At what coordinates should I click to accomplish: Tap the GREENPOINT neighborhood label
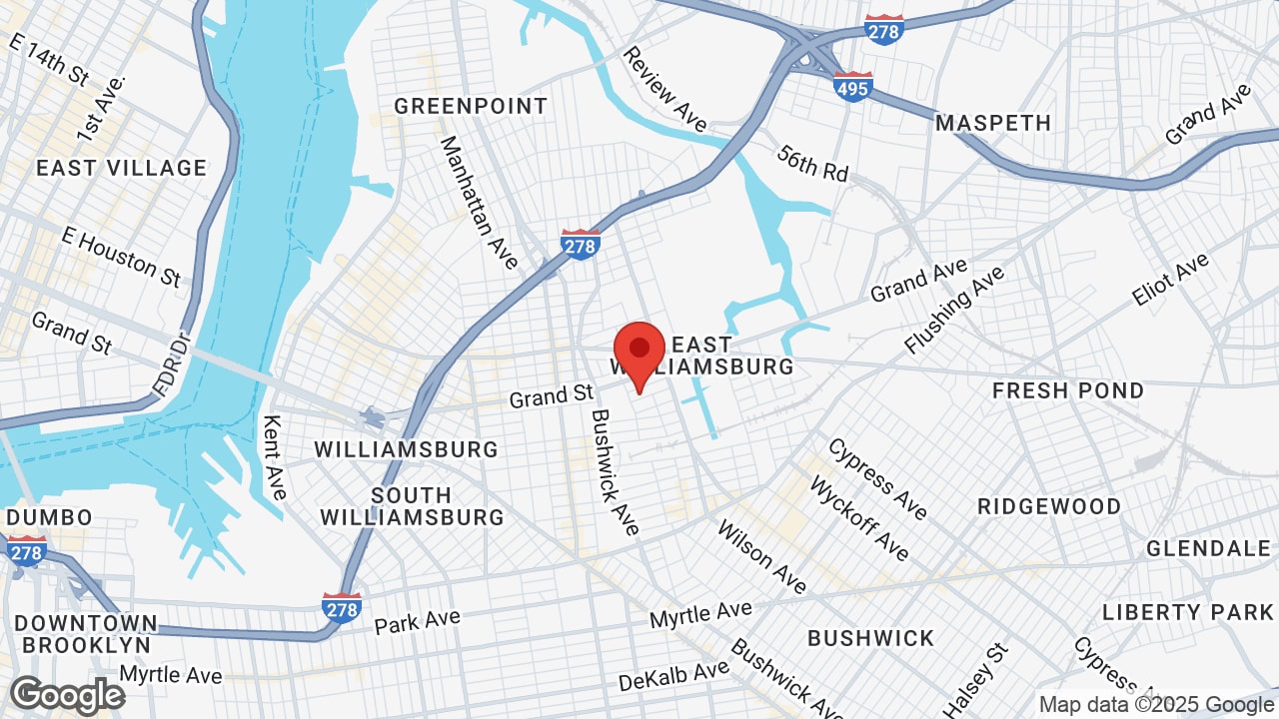pyautogui.click(x=471, y=106)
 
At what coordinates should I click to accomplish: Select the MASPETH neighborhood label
pyautogui.click(x=993, y=123)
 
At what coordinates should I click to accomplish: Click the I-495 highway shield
pyautogui.click(x=852, y=87)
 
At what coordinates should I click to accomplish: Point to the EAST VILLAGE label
pyautogui.click(x=121, y=168)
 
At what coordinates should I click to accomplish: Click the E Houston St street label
pyautogui.click(x=121, y=255)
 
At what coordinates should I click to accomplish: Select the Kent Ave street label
pyautogui.click(x=274, y=457)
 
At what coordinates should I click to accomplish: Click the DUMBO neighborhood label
pyautogui.click(x=49, y=517)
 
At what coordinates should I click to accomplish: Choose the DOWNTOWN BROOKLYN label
pyautogui.click(x=86, y=634)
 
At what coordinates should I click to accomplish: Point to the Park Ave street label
pyautogui.click(x=417, y=621)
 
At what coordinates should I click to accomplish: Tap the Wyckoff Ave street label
pyautogui.click(x=858, y=517)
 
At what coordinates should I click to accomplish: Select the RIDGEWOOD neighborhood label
pyautogui.click(x=1049, y=506)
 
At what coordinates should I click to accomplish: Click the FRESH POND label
pyautogui.click(x=1068, y=390)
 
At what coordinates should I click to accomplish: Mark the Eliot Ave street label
pyautogui.click(x=1170, y=280)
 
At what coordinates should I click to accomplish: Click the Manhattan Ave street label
pyautogui.click(x=480, y=203)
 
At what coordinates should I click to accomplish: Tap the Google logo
pyautogui.click(x=67, y=695)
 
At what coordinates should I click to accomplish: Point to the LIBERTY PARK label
pyautogui.click(x=1188, y=612)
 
